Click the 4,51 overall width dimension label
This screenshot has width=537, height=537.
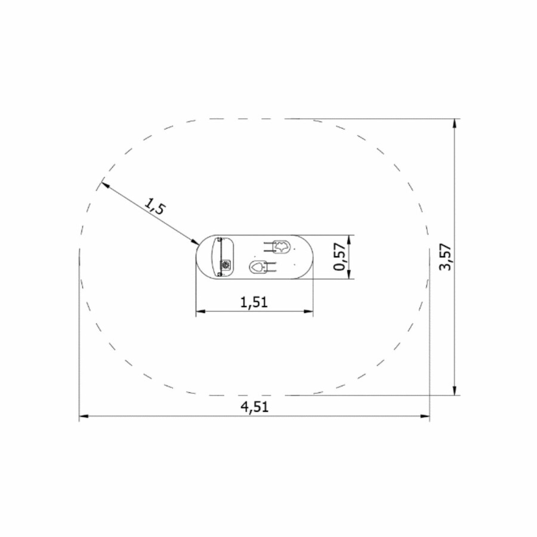[x=254, y=407]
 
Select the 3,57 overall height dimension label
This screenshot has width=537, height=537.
[x=446, y=257]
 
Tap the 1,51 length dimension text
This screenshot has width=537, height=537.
[x=254, y=302]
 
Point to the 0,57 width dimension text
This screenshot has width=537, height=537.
[x=340, y=257]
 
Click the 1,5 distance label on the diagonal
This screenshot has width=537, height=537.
[x=155, y=205]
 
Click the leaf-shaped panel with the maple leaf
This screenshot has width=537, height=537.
[x=282, y=246]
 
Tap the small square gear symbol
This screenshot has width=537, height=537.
[x=226, y=265]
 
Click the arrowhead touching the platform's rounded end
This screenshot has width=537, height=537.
[x=195, y=242]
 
